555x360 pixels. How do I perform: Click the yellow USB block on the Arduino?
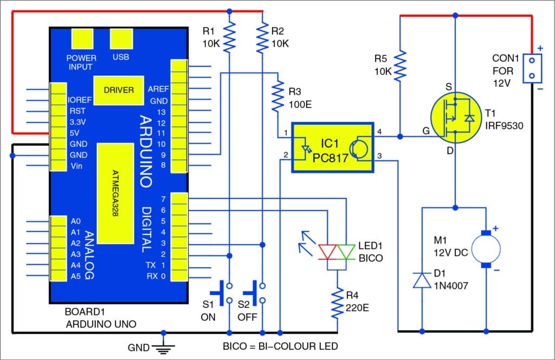click(120, 38)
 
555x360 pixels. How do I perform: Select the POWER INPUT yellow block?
click(81, 38)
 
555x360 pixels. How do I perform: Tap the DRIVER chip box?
click(119, 89)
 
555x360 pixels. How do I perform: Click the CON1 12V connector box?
click(533, 68)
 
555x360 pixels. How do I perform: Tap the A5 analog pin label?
click(75, 276)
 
